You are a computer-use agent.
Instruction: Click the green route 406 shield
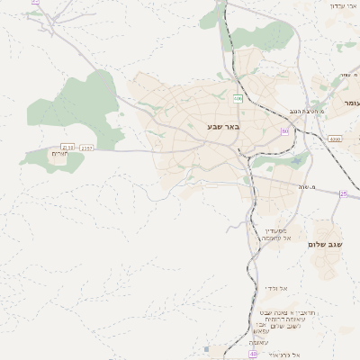point(238,98)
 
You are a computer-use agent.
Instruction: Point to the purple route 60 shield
point(285,131)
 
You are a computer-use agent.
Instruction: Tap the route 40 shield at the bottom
point(253,354)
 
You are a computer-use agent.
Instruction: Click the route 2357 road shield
point(86,147)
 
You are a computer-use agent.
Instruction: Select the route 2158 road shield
point(67,147)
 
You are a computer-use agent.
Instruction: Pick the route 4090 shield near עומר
point(336,139)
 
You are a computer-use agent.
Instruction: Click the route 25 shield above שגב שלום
point(343,193)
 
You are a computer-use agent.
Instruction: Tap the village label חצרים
point(60,154)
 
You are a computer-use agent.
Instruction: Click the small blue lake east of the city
point(295,162)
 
